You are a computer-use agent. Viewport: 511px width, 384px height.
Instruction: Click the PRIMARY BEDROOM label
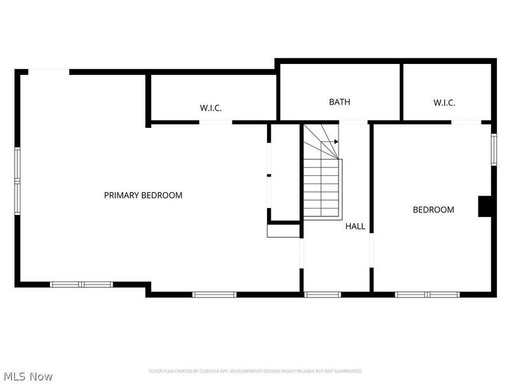[x=143, y=195]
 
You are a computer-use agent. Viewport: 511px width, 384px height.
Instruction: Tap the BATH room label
[x=339, y=102]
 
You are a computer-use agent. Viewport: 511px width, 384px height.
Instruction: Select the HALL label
[x=355, y=226]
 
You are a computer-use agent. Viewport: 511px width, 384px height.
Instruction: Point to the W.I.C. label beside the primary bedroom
[x=211, y=108]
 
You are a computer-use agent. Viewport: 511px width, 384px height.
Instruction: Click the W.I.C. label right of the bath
[x=444, y=102]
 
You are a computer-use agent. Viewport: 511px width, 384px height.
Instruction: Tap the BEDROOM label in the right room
[x=433, y=209]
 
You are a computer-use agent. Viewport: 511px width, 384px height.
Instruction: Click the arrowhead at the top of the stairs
[x=336, y=141]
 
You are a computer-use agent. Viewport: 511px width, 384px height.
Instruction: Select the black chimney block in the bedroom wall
[x=485, y=207]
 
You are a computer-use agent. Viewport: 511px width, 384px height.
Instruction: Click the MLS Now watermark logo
[x=29, y=376]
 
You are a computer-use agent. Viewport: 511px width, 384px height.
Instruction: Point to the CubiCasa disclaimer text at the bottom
[x=256, y=371]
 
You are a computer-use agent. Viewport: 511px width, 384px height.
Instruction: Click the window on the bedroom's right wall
[x=493, y=149]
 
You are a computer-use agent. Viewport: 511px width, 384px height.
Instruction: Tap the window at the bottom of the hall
[x=323, y=294]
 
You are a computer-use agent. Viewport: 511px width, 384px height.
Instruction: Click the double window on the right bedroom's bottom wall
[x=427, y=294]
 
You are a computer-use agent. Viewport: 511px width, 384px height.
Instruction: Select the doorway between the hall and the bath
[x=353, y=122]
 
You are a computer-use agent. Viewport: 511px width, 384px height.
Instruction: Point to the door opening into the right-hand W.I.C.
[x=466, y=122]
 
